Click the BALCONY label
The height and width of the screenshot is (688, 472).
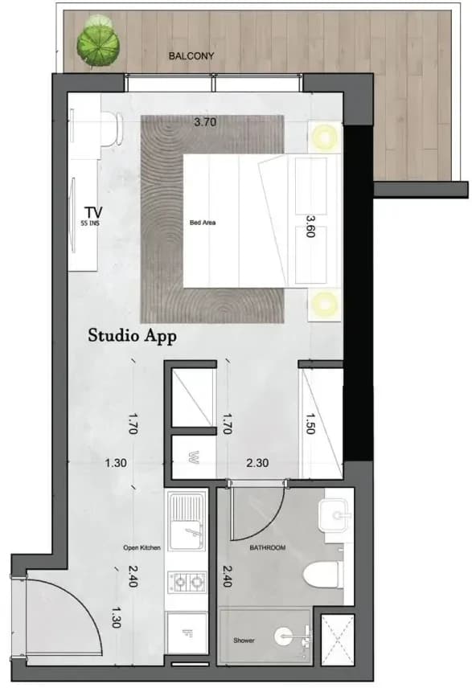pos(191,56)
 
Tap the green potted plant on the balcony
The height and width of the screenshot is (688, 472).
pos(98,42)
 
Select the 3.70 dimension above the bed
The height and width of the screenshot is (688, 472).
pos(205,121)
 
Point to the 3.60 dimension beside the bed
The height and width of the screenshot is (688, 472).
pos(310,226)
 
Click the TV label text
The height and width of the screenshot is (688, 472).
pos(93,212)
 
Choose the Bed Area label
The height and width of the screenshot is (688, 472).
pos(203,223)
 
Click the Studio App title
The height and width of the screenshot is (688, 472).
pos(132,336)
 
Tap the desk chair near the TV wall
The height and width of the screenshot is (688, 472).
pos(112,128)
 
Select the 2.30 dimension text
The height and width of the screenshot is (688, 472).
pos(257,463)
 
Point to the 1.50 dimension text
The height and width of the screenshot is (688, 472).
pos(310,424)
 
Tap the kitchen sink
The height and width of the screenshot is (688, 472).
pos(187,522)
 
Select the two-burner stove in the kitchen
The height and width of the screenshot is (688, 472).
pos(187,582)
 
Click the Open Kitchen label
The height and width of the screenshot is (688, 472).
pos(142,547)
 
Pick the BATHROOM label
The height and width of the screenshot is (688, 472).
pos(268,547)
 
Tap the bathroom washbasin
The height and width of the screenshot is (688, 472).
pos(335,515)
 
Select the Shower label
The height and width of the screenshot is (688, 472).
pos(244,640)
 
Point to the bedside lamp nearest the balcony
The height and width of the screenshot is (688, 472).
pos(326,137)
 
